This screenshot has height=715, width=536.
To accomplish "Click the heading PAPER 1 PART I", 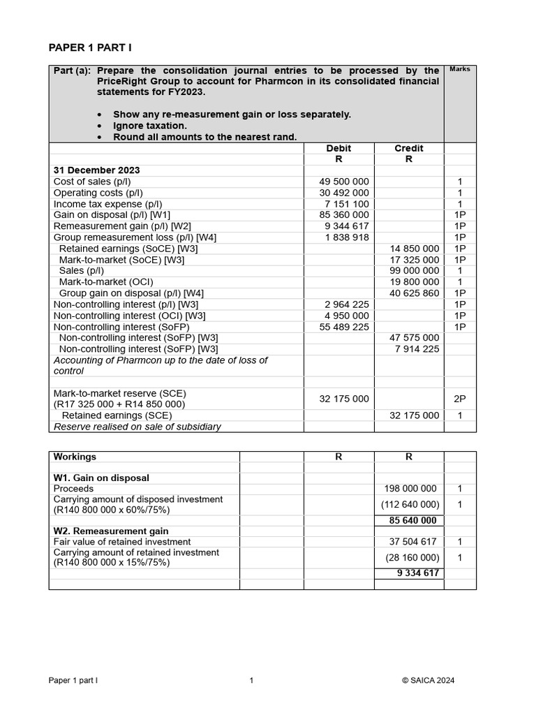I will (89, 47).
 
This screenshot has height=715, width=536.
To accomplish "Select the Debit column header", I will (338, 148).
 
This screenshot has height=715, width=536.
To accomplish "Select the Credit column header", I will (408, 148).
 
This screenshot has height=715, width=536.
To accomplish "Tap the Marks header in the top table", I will (459, 69).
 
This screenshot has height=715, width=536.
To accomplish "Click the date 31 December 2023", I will (96, 170).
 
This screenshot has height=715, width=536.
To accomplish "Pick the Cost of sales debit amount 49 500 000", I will (344, 182).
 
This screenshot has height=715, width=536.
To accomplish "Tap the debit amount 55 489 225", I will (344, 327).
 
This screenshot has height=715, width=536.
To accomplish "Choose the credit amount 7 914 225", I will (417, 349).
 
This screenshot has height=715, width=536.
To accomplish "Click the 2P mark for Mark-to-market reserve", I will (459, 399).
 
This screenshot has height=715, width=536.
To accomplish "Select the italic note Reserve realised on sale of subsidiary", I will (137, 427).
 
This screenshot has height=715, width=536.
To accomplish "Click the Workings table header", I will (75, 457).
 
